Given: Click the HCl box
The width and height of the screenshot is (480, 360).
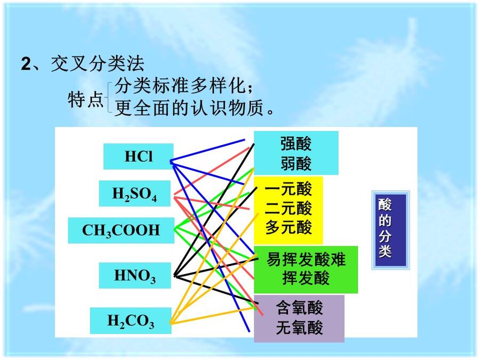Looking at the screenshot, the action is (138, 156).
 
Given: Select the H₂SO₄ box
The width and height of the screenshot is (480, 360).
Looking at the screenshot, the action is (135, 194).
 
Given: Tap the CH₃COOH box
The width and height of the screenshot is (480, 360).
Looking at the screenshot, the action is (121, 230).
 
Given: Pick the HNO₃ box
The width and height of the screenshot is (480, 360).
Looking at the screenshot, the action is (135, 275).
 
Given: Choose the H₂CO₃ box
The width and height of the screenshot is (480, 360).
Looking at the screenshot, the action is (131, 321).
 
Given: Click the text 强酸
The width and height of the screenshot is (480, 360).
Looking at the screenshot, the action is (296, 143).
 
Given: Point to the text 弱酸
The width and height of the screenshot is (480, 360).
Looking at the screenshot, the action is (296, 164).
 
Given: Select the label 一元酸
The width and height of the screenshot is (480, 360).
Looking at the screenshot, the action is (289, 189).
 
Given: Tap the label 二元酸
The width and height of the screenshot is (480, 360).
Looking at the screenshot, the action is (289, 208).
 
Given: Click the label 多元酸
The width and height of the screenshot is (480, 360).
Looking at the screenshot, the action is (289, 227).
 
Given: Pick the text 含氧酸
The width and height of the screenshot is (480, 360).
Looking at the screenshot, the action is (299, 308).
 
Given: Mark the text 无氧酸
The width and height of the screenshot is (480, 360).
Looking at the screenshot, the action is (299, 327).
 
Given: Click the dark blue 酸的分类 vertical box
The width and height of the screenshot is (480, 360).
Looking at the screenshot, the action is (390, 230).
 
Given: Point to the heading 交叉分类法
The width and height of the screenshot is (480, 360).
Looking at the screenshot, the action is (98, 64).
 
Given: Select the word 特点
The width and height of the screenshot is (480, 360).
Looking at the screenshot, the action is (85, 99).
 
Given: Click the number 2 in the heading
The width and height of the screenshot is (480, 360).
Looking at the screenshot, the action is (26, 65).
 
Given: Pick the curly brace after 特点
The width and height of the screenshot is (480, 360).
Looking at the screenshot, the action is (108, 98).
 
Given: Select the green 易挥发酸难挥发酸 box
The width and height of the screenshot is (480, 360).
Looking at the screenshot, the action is (306, 270).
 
